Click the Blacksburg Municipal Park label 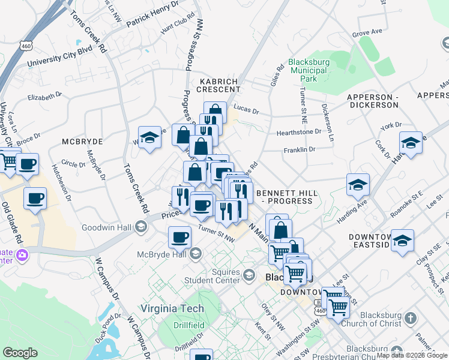click(310, 70)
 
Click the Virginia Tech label click(172, 308)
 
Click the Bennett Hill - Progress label click(285, 197)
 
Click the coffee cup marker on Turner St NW click(179, 238)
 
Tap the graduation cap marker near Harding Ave click(358, 185)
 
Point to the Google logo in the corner click(20, 353)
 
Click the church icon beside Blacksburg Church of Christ click(411, 317)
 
